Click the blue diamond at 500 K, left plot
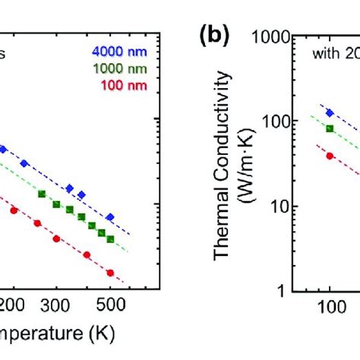click(x=110, y=217)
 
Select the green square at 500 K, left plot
click(x=110, y=238)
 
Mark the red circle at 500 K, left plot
click(x=110, y=273)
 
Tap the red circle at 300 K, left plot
click(x=56, y=238)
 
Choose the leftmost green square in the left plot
click(x=41, y=194)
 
